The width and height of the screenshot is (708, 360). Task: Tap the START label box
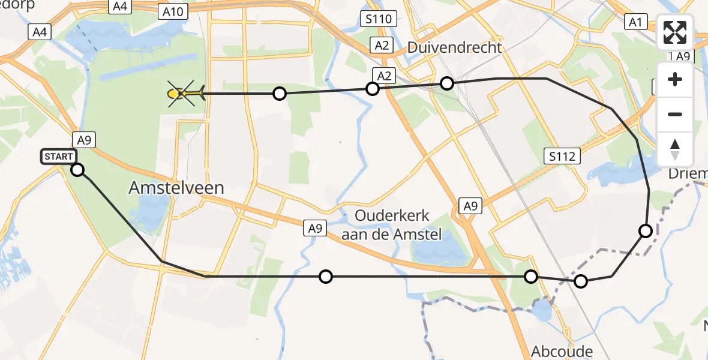click(58, 157)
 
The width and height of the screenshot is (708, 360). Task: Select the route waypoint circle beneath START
click(77, 170)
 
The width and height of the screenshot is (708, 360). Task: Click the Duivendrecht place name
click(454, 47)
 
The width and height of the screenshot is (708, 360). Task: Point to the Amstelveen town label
click(176, 188)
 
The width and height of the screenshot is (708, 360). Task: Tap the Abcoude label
click(562, 351)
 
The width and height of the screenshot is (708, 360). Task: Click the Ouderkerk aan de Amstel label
click(391, 225)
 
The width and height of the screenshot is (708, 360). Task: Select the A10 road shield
click(175, 11)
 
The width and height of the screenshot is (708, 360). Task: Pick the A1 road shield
click(635, 22)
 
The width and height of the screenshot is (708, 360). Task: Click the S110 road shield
click(380, 19)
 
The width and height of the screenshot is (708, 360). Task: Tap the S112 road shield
click(562, 157)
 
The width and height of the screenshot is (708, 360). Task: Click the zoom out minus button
click(675, 114)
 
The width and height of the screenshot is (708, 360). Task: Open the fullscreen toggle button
click(675, 32)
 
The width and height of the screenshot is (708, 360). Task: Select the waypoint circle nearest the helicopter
click(279, 93)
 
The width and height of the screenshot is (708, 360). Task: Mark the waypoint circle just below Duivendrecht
click(447, 83)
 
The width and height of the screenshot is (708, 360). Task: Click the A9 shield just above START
click(83, 140)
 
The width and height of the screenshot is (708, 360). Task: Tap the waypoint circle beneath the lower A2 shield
click(373, 89)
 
